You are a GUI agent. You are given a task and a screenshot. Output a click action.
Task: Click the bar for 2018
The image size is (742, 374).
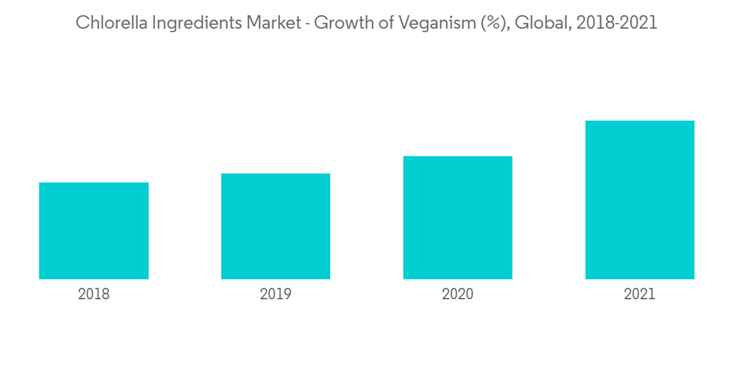(93, 231)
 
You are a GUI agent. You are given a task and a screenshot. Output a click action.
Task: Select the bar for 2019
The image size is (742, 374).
(275, 226)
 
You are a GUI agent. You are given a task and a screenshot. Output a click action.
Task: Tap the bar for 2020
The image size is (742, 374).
(457, 217)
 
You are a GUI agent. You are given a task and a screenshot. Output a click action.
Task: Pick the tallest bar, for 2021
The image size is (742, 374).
(640, 200)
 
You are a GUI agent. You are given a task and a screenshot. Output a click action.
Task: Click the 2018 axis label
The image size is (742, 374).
(93, 295)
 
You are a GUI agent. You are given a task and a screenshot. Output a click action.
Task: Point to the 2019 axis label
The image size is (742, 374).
(275, 295)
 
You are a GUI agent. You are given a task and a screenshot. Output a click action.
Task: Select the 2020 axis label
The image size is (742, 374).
(457, 295)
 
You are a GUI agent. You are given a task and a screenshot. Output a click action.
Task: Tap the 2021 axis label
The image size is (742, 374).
(640, 295)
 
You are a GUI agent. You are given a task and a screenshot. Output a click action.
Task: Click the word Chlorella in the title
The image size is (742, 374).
(110, 23)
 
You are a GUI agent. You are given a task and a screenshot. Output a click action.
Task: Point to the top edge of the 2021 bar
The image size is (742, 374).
(640, 121)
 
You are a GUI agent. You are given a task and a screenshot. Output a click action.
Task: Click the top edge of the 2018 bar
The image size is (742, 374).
(93, 183)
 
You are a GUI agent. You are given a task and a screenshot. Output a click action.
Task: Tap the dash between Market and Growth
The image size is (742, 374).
(307, 24)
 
